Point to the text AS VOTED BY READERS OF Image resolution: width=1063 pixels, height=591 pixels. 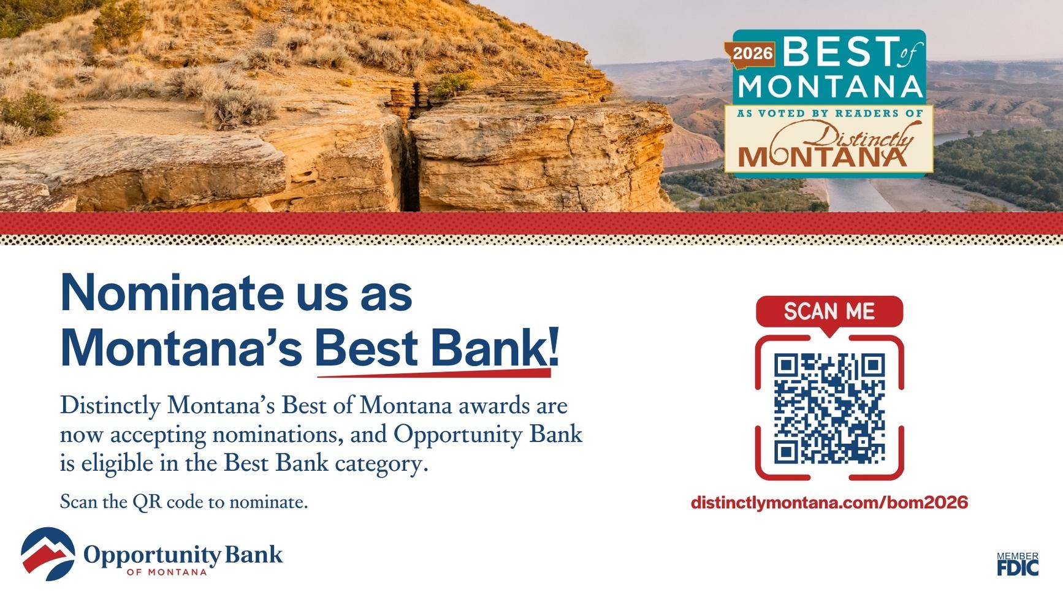[829, 113]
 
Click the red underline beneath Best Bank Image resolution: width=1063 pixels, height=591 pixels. [433, 372]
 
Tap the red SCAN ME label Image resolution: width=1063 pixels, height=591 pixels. [829, 311]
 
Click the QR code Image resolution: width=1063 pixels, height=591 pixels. [829, 408]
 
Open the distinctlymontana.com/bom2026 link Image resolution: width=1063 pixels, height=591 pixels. [829, 503]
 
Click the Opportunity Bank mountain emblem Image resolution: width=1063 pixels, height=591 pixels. [48, 554]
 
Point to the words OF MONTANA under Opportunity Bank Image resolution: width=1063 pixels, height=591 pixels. [167, 573]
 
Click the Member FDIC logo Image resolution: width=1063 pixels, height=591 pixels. [1018, 564]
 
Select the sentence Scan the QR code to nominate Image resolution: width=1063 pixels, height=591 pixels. [184, 502]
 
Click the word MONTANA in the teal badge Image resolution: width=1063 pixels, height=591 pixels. [831, 86]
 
